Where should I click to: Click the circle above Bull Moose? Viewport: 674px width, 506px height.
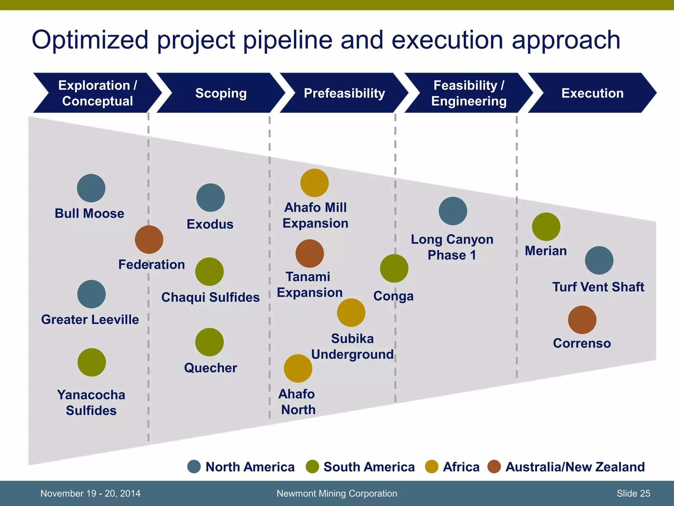tap(91, 188)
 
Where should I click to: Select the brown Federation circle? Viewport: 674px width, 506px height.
tap(149, 239)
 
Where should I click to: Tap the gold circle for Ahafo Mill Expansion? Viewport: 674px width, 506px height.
tap(314, 183)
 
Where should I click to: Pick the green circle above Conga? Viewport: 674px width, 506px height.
tap(394, 268)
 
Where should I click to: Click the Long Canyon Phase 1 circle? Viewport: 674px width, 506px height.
tap(453, 211)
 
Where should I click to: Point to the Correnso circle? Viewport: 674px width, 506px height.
tap(582, 320)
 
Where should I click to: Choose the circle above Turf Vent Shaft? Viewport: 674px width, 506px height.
tap(599, 260)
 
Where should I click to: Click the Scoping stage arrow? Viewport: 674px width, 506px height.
tap(221, 93)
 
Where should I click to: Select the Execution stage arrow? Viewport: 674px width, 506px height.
tap(592, 93)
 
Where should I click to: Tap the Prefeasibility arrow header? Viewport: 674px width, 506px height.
tap(344, 93)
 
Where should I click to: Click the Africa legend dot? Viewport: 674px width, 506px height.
tap(431, 466)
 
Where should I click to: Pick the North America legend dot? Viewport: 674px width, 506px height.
tap(194, 466)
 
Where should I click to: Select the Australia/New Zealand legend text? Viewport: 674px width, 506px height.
tap(575, 467)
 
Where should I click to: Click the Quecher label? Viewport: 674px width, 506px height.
tap(211, 368)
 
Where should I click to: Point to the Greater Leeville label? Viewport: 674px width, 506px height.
tap(90, 320)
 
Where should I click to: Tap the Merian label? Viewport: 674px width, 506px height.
tap(546, 251)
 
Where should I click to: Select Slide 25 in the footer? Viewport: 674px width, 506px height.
tap(633, 493)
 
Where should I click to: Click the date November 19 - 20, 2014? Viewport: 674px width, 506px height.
tap(90, 493)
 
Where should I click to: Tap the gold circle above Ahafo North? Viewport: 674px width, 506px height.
tap(298, 368)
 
